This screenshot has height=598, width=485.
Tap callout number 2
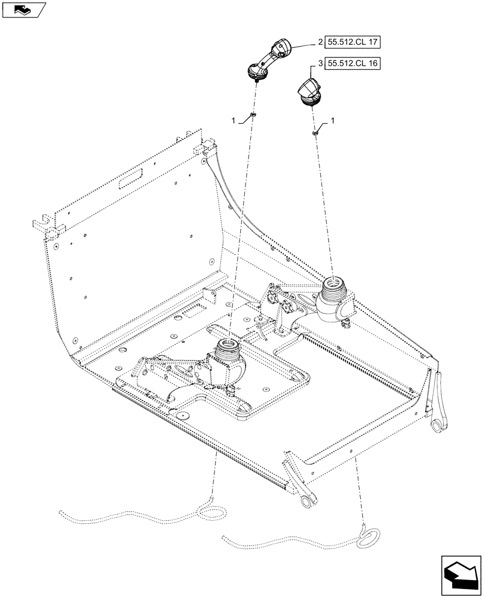coord(321,42)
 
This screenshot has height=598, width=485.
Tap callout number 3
coord(321,63)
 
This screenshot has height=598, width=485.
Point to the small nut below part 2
coord(253,114)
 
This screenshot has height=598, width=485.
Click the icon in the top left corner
coord(23,10)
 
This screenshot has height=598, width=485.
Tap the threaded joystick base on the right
coord(332,288)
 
